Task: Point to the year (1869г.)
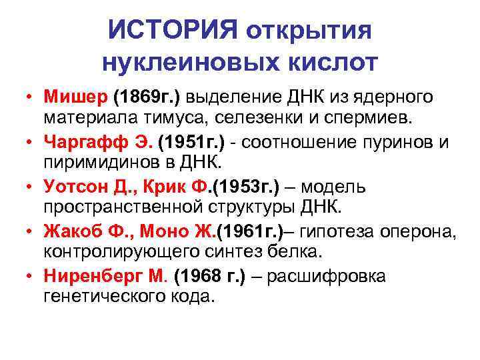147,97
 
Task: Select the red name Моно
156,231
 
